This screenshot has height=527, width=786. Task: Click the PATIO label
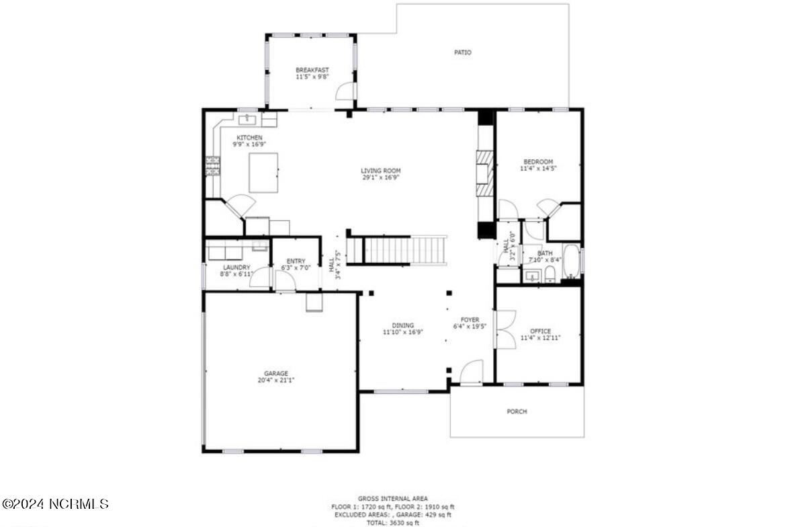462,52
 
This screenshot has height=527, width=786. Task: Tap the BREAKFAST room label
312,70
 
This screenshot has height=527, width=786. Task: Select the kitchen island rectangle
263,173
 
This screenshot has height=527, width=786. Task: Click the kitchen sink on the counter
247,119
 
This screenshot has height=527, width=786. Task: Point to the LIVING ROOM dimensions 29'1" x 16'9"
381,178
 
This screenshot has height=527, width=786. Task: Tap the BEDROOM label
538,162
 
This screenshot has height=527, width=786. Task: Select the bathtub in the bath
572,261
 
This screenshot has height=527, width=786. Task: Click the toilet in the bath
550,274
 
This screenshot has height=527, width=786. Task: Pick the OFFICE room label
540,331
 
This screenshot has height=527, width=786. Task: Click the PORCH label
517,411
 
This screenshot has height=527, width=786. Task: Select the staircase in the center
405,249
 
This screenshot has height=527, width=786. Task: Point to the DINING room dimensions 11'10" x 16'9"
403,332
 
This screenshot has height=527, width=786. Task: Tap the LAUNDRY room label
236,267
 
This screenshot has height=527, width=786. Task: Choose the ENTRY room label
296,261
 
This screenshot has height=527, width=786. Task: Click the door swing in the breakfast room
345,91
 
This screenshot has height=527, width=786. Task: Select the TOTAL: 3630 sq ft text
392,522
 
